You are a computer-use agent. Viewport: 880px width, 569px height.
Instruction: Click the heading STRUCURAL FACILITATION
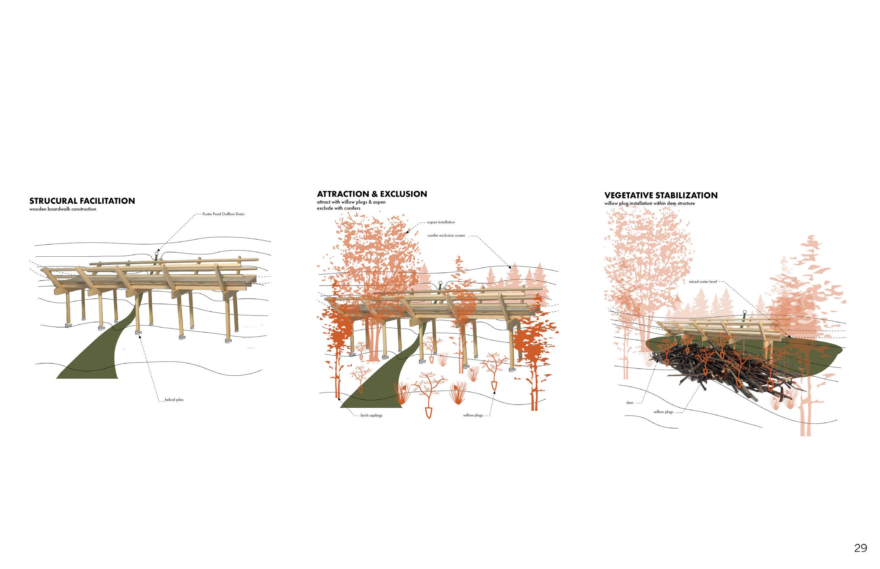tap(82, 201)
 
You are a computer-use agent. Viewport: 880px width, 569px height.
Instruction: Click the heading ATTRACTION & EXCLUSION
tap(372, 194)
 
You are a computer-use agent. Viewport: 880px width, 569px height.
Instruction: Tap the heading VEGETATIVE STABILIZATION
tap(661, 196)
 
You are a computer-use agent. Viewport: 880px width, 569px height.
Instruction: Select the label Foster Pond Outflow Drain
tap(224, 214)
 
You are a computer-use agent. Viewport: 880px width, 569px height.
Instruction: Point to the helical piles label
tap(174, 400)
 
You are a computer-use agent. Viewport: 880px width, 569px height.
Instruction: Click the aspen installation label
tap(441, 222)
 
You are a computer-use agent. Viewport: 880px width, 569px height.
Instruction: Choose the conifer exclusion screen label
tap(446, 235)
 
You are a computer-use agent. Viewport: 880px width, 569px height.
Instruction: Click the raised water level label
tap(702, 282)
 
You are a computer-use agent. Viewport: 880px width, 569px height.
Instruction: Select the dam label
tap(630, 403)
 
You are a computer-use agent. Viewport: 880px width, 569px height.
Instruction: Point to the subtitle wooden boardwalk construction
tap(63, 209)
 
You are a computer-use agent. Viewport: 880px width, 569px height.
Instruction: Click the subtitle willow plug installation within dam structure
tap(649, 204)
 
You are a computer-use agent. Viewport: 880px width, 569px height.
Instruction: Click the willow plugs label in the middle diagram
tap(473, 416)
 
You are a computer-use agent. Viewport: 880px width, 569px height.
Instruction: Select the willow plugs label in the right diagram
tap(663, 412)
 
